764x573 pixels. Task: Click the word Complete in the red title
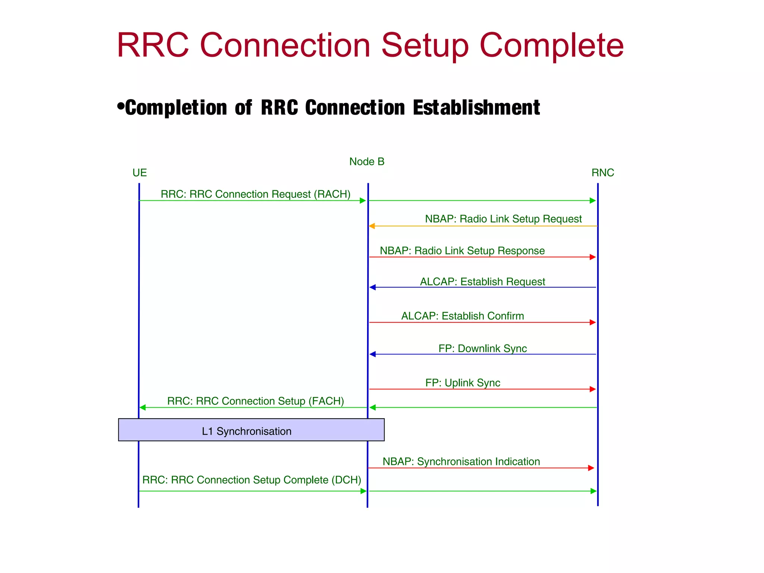coord(551,46)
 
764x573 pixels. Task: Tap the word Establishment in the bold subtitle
coord(476,108)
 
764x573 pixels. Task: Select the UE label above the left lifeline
coord(140,173)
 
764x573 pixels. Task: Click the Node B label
coord(367,162)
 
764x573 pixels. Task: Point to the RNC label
coord(602,173)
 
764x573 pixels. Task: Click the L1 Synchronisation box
coord(251,430)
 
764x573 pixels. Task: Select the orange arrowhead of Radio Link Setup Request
coord(372,226)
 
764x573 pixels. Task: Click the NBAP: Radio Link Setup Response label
coord(462,251)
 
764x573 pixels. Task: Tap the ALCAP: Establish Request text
coord(482,282)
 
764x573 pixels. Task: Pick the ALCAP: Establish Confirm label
coord(463,316)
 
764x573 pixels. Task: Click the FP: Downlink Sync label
coord(482,348)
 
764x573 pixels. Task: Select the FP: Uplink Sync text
coord(463,383)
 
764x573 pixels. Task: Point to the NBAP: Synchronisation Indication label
coord(461,461)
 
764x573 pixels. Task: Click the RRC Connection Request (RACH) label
coord(256,194)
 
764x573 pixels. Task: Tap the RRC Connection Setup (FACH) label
coord(256,401)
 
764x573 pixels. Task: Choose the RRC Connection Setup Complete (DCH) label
coord(252,480)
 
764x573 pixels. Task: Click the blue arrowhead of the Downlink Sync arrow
coord(372,354)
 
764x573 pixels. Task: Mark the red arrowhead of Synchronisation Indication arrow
coord(591,468)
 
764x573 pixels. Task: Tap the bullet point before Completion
coord(120,106)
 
